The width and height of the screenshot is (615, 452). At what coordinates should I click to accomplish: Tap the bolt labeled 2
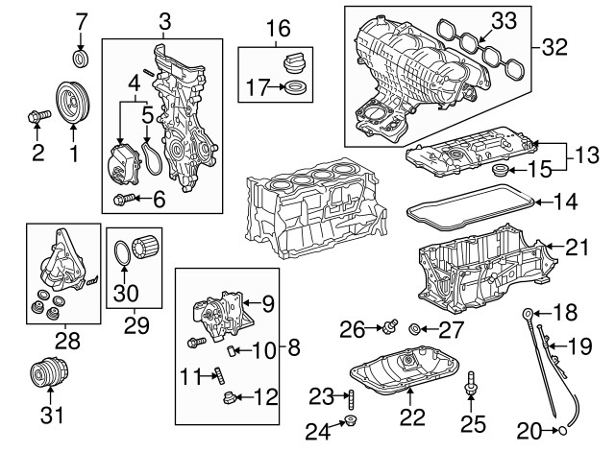(x=38, y=118)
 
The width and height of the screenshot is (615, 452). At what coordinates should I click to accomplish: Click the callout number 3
(x=162, y=20)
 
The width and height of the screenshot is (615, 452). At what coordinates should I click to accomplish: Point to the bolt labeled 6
(x=123, y=199)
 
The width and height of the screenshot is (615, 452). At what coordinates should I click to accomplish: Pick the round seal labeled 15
(x=500, y=171)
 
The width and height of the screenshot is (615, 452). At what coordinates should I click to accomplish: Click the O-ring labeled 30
(x=125, y=253)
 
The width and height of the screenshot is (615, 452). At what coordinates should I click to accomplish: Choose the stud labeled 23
(x=351, y=395)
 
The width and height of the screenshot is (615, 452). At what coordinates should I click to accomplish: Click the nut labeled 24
(x=353, y=422)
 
